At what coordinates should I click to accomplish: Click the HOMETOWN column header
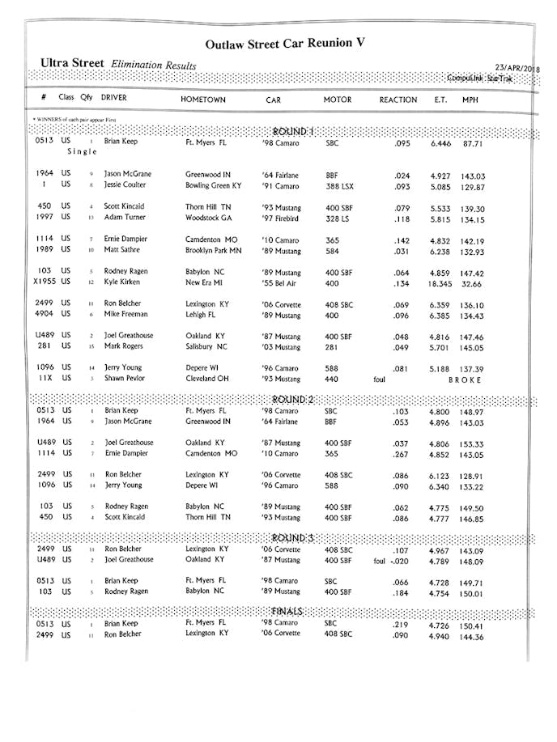(203, 100)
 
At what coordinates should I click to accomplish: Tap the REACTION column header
(398, 100)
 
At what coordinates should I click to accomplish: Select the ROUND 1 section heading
(294, 131)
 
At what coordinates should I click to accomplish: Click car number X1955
(44, 282)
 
